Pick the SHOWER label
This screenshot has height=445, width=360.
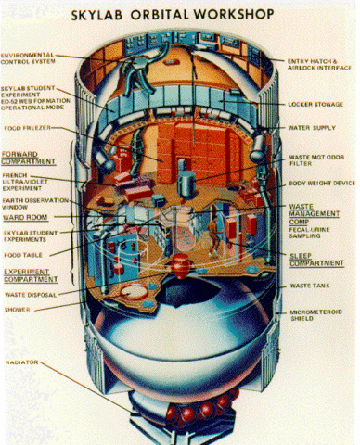tap(19, 308)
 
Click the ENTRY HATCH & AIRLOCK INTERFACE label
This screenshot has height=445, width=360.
tap(321, 65)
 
